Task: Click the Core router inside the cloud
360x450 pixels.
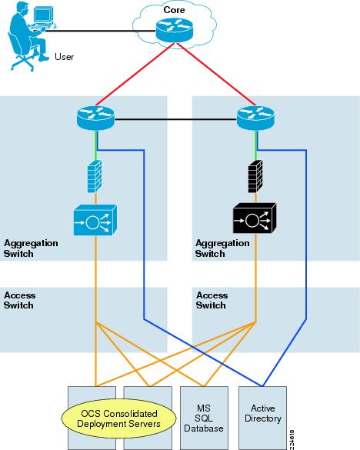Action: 175,30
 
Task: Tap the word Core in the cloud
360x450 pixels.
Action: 174,10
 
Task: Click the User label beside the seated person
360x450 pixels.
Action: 65,57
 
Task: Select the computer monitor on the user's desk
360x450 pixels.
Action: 43,15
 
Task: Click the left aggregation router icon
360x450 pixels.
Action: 95,118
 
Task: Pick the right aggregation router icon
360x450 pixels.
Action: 255,118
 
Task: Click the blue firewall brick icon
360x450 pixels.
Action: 95,176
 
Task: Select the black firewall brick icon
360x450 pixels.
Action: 255,176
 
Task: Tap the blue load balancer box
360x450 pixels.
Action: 95,220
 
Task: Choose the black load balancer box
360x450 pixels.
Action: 255,218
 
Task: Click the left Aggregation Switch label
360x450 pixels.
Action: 31,248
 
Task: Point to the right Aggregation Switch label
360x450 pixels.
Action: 222,248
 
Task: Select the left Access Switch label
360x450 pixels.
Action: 20,300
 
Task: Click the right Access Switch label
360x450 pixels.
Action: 212,300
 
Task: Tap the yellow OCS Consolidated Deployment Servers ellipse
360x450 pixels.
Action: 119,418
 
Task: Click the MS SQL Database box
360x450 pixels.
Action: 204,418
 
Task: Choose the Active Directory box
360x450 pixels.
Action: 262,418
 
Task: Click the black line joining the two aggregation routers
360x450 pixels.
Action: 175,119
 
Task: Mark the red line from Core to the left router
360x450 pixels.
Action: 135,75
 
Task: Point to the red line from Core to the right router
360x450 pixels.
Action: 215,75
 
